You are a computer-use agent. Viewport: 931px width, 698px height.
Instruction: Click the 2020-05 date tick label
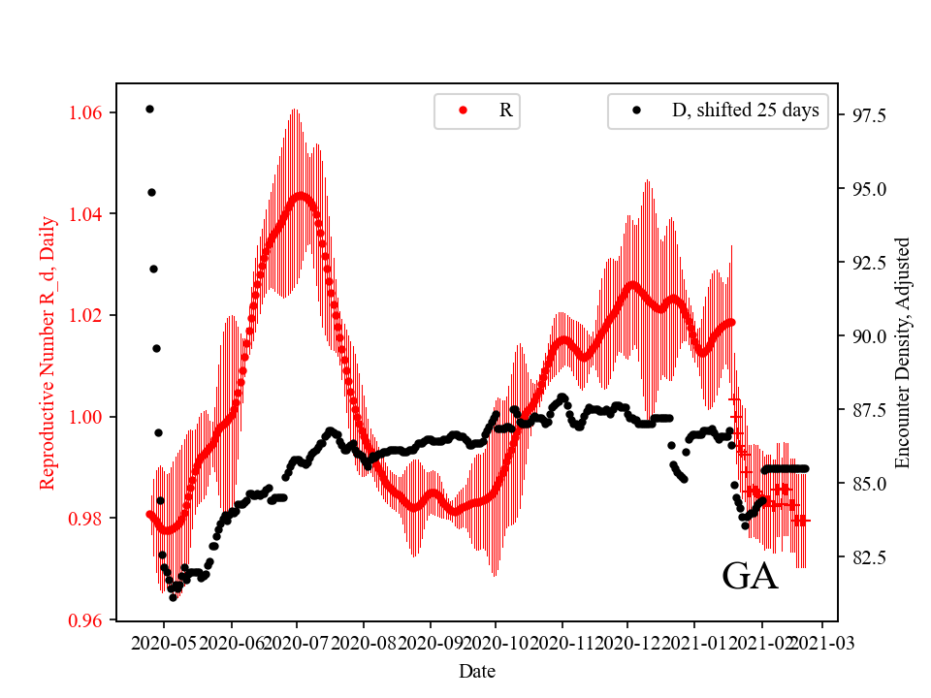click(x=164, y=643)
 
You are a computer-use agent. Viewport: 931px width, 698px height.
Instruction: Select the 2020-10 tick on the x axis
click(x=496, y=643)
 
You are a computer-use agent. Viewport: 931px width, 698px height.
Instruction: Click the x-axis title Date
click(x=477, y=671)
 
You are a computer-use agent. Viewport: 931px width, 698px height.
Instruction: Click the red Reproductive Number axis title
click(x=48, y=352)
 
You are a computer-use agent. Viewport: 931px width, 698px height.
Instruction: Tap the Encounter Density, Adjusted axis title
click(x=903, y=352)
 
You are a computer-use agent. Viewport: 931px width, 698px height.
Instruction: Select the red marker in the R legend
click(x=463, y=111)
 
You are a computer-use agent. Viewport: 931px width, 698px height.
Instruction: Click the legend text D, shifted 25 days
click(x=745, y=111)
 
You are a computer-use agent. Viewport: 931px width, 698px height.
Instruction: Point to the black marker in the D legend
click(x=637, y=111)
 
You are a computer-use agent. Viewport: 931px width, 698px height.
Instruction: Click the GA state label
click(x=750, y=577)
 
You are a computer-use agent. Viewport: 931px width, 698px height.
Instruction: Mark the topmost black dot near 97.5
click(x=149, y=109)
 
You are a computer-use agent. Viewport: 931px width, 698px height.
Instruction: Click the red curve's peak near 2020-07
click(x=302, y=197)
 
